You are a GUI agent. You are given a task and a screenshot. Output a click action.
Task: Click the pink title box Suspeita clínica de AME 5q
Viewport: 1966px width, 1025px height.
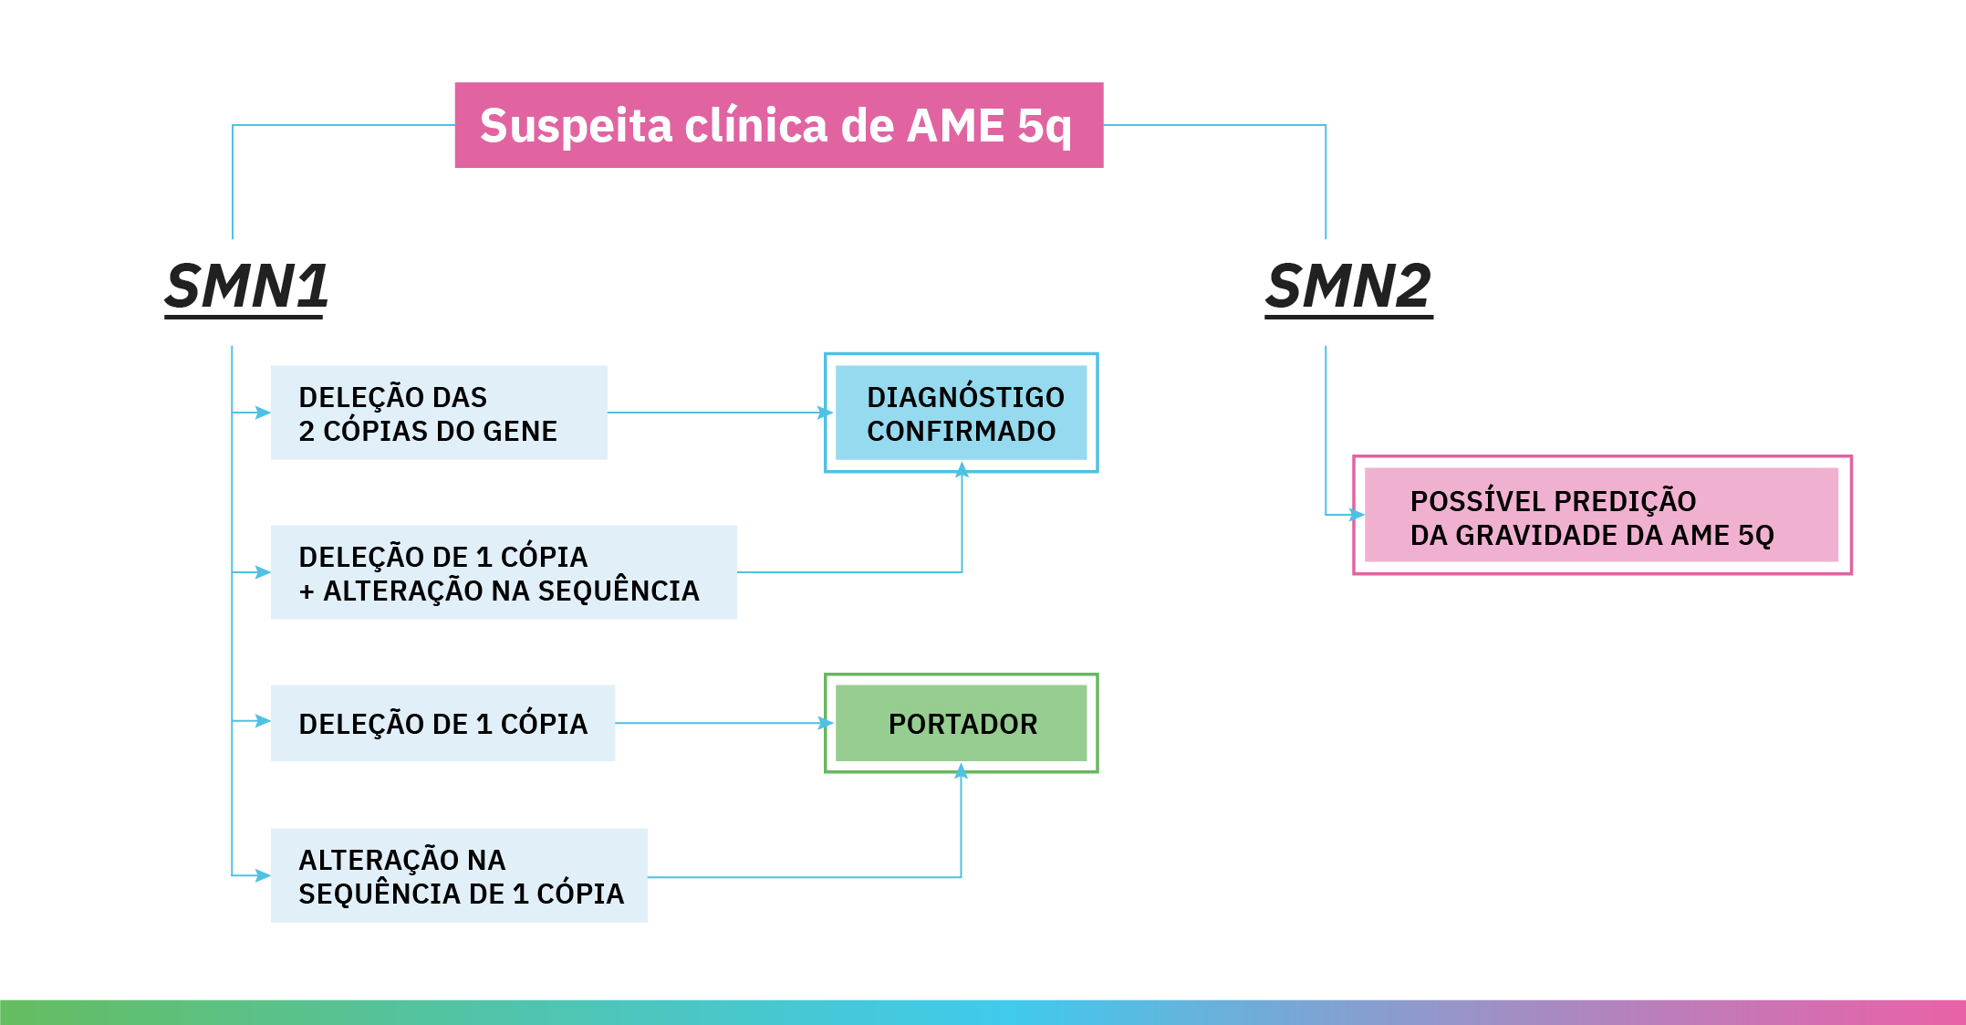(x=778, y=125)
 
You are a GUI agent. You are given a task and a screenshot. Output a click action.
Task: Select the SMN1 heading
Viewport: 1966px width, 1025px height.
(x=246, y=287)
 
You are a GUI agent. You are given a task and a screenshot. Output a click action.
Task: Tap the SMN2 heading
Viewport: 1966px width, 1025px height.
(x=1347, y=287)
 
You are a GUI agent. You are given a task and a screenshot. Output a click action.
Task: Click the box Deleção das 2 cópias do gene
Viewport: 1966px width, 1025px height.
(x=439, y=413)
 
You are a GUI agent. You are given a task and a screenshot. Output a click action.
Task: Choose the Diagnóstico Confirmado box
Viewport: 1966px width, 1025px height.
(x=961, y=413)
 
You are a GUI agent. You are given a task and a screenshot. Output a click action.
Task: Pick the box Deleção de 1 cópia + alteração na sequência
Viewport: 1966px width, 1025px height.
(x=504, y=572)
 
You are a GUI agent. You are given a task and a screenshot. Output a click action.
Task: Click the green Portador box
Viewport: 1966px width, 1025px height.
(x=961, y=723)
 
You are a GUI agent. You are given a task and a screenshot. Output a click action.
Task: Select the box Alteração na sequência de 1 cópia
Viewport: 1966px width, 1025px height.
(x=459, y=875)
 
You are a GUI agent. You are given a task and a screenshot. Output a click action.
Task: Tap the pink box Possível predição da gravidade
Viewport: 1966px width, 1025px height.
(x=1601, y=515)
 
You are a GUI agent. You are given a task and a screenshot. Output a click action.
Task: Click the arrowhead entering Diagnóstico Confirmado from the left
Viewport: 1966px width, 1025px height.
(x=827, y=413)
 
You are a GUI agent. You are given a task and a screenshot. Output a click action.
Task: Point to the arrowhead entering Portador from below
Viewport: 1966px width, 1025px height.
(x=961, y=771)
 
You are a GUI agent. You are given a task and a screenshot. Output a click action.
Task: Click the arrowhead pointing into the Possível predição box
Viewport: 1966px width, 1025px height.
(x=1357, y=515)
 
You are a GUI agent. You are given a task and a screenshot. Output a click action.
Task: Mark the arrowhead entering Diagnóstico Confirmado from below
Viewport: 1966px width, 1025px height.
(x=962, y=470)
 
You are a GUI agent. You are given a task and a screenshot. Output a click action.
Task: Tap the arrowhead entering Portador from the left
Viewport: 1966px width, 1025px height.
(x=827, y=723)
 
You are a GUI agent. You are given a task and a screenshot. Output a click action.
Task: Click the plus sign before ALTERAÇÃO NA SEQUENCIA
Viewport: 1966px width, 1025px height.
(x=307, y=591)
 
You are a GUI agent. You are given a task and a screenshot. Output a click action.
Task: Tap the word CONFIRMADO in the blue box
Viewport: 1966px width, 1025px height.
(x=961, y=431)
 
